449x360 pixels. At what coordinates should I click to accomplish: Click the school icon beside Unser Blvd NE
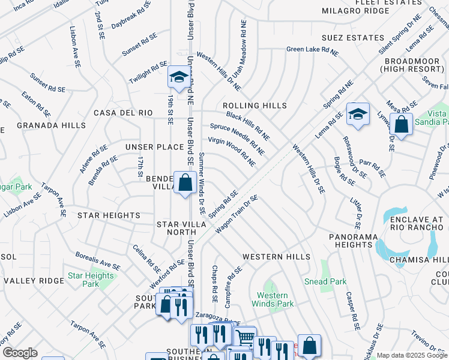click(178, 77)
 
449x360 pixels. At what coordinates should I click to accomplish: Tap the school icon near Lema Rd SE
click(358, 113)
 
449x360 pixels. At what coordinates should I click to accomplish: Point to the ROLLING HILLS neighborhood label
click(255, 106)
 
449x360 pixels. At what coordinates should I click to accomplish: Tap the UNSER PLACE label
click(154, 147)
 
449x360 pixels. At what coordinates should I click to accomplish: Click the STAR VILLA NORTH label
click(181, 229)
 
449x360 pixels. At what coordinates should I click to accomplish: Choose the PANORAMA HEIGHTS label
click(352, 241)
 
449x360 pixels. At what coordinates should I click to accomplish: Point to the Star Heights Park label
click(91, 280)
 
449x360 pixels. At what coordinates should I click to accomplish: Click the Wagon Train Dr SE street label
click(237, 215)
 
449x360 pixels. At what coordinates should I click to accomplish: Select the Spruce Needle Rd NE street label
click(237, 136)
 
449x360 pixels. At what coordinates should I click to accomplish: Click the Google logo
click(19, 353)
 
